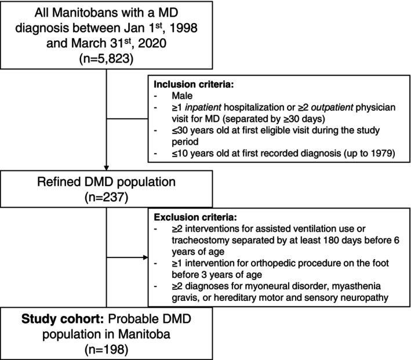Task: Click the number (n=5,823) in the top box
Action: coord(106,59)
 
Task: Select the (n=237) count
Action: coord(106,197)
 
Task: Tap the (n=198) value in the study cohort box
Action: coord(106,350)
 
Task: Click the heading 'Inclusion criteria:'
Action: coord(194,85)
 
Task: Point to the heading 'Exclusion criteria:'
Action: coord(195,217)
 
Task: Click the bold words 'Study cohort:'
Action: coord(63,319)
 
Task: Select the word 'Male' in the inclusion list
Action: coord(182,96)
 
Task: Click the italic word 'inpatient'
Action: coord(203,107)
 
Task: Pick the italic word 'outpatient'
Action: coord(332,107)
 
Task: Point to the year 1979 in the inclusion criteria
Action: coord(380,153)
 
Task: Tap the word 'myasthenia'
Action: coord(356,286)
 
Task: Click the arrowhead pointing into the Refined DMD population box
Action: coord(107,168)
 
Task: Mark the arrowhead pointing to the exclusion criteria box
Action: coord(146,257)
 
